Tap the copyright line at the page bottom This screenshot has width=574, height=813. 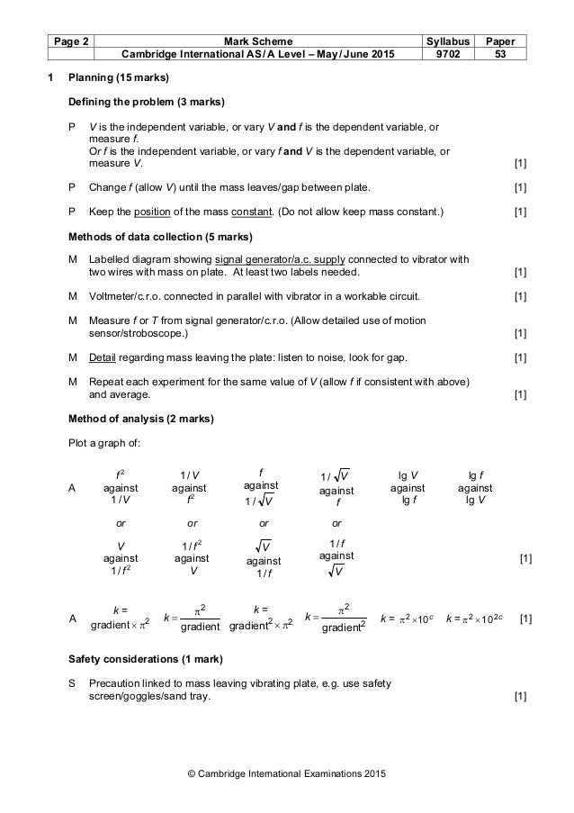286,773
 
